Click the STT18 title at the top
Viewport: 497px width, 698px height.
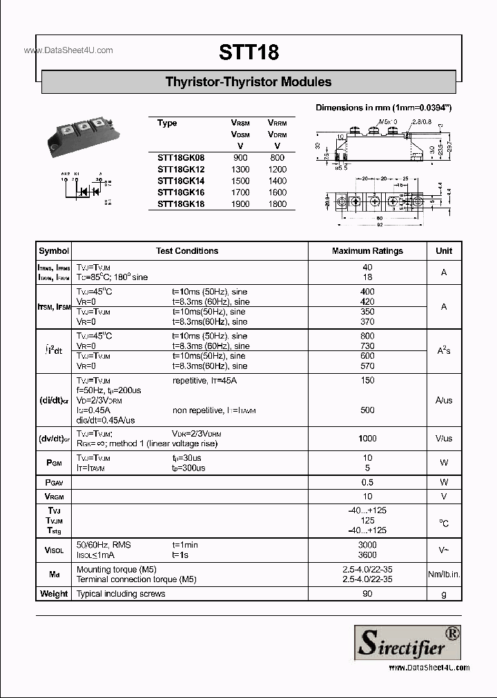tap(248, 52)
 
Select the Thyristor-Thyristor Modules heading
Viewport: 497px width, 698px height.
tap(248, 81)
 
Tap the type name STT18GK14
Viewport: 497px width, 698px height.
tap(181, 181)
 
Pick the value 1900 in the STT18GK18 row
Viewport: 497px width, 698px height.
tap(240, 204)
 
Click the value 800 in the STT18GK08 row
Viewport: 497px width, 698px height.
tap(277, 157)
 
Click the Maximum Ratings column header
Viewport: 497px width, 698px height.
tap(367, 251)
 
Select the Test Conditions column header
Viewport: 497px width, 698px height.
tap(187, 251)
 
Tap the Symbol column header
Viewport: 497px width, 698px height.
tap(54, 251)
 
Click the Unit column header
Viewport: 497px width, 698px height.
tap(444, 251)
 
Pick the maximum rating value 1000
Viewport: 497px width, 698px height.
tap(367, 439)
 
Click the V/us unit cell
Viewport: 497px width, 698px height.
tap(444, 439)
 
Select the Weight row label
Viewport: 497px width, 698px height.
tap(54, 594)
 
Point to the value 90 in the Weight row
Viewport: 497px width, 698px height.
tap(367, 594)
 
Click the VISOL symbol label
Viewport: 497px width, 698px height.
tap(54, 550)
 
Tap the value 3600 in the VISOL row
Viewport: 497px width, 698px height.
tap(367, 555)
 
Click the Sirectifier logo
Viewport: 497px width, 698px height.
tap(407, 641)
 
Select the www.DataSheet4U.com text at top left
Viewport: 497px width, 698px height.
tap(68, 50)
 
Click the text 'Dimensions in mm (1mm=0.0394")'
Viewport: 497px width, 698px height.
tap(384, 108)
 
